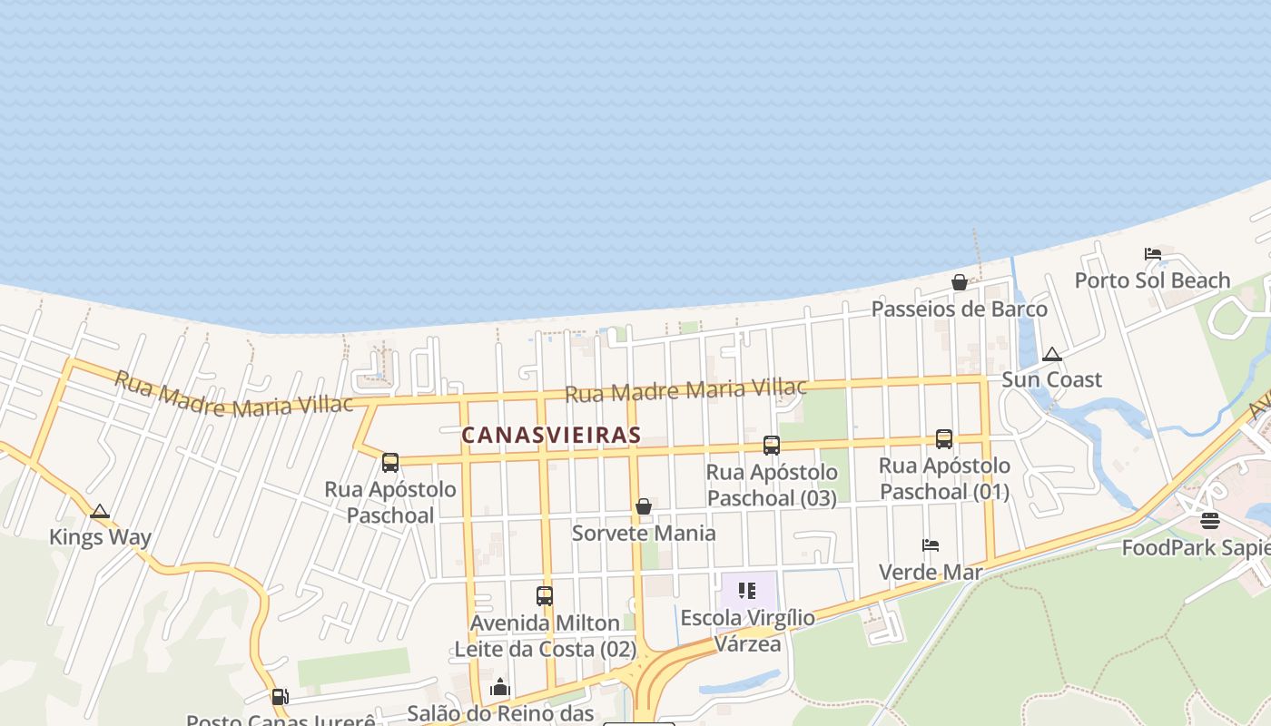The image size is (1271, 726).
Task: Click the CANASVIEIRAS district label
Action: (x=551, y=436)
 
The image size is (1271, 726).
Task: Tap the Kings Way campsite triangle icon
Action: (x=100, y=512)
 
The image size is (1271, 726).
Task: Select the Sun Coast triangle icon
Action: (x=1052, y=355)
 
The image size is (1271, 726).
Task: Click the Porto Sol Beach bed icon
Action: (x=1153, y=254)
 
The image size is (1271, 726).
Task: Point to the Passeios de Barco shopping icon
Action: (x=960, y=282)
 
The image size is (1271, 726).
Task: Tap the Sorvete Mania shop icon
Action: (x=644, y=506)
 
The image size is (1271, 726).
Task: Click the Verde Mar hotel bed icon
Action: (x=931, y=545)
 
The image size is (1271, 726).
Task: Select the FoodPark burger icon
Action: (x=1209, y=521)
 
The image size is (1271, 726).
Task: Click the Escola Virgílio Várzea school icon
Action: (x=747, y=592)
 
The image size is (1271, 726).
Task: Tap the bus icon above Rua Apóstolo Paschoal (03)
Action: (x=772, y=445)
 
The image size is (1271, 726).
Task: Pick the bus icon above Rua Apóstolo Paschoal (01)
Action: (x=944, y=439)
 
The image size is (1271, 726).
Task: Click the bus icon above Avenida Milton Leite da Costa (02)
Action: (x=545, y=596)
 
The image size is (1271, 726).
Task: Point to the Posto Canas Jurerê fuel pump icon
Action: (x=280, y=697)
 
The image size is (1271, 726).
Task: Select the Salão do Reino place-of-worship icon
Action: (x=500, y=688)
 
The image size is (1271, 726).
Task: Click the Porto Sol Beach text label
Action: (x=1152, y=280)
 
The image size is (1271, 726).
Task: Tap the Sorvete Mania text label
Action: (x=644, y=533)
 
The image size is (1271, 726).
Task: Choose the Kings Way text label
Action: (x=100, y=537)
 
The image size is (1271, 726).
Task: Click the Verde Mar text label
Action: (x=931, y=573)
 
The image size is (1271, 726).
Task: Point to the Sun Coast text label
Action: (x=1051, y=379)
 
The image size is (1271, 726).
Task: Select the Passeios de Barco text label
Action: (x=959, y=309)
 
